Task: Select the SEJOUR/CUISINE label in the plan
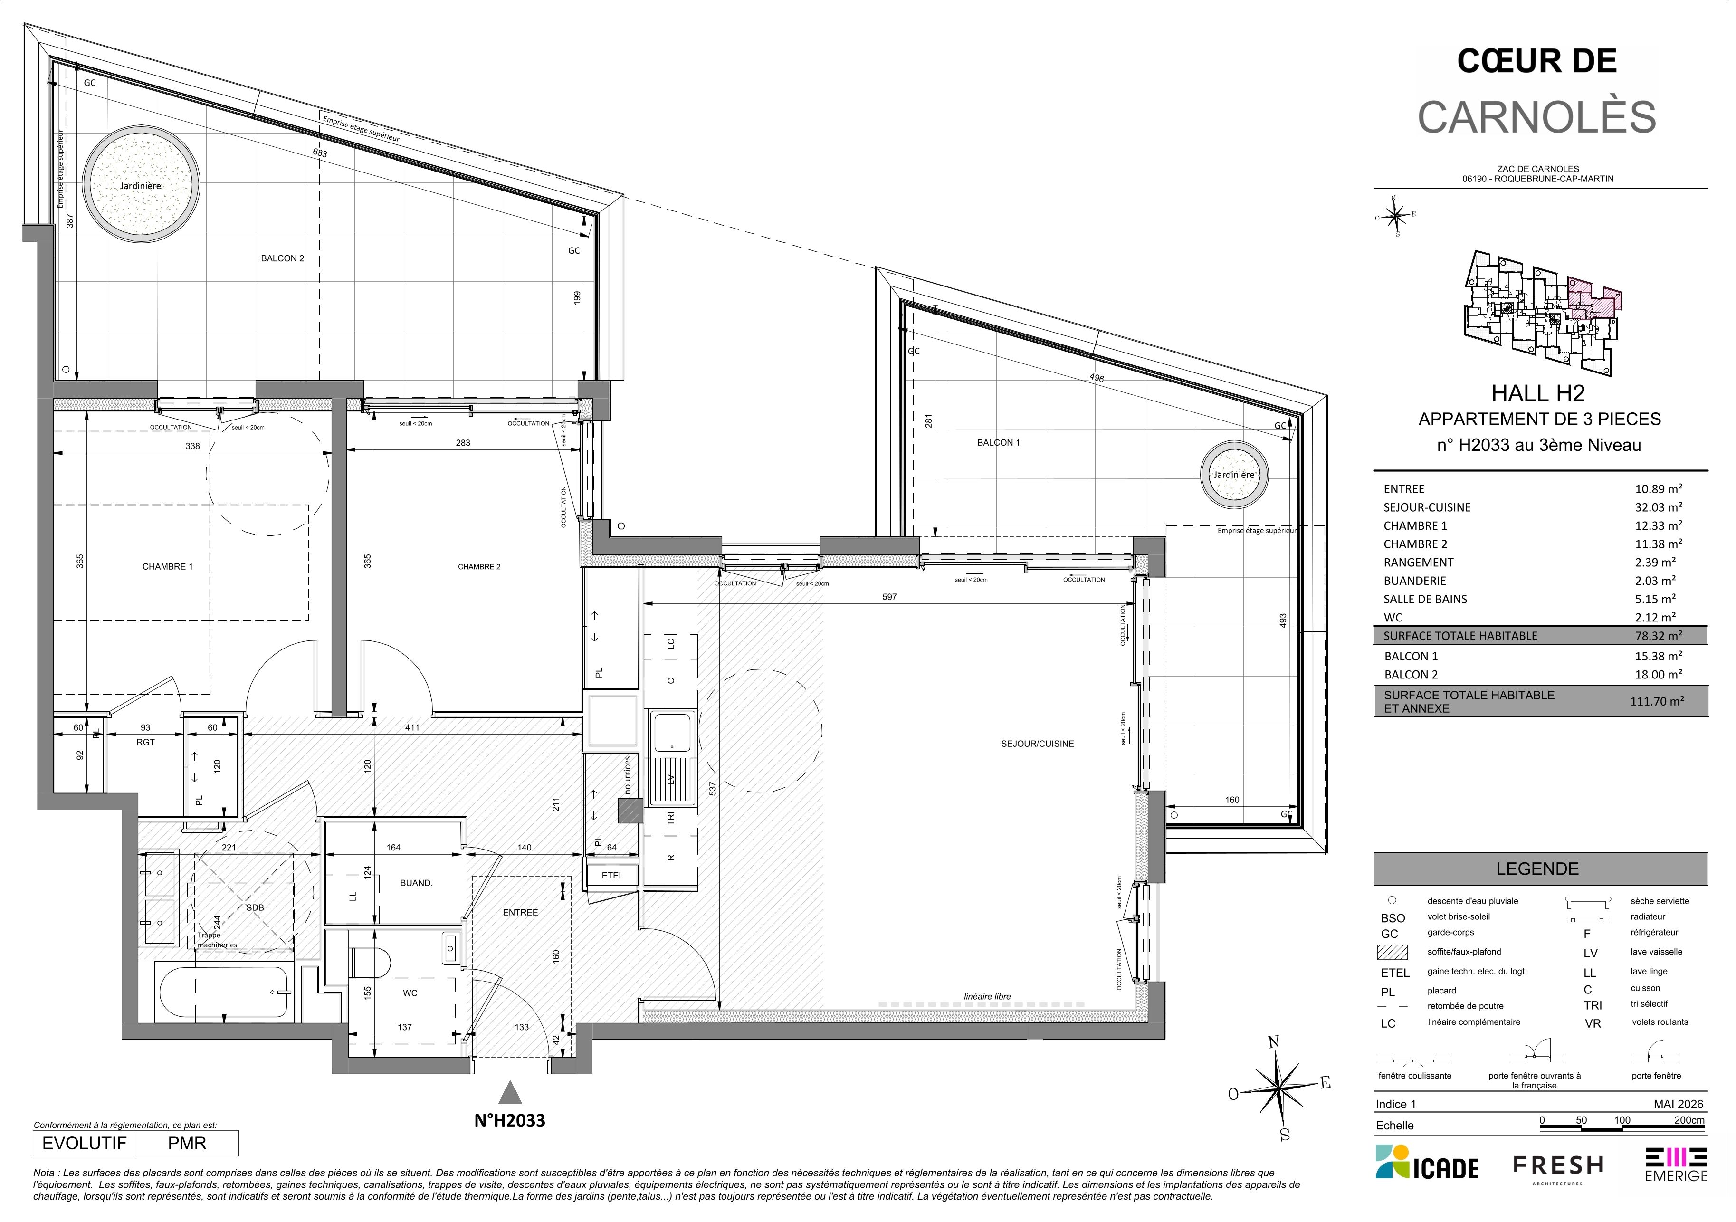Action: click(1037, 744)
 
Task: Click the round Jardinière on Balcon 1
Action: click(1234, 474)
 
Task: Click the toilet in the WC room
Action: click(370, 964)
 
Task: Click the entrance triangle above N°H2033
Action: click(511, 1093)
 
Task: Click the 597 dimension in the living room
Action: click(889, 597)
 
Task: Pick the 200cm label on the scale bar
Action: click(1689, 1120)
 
